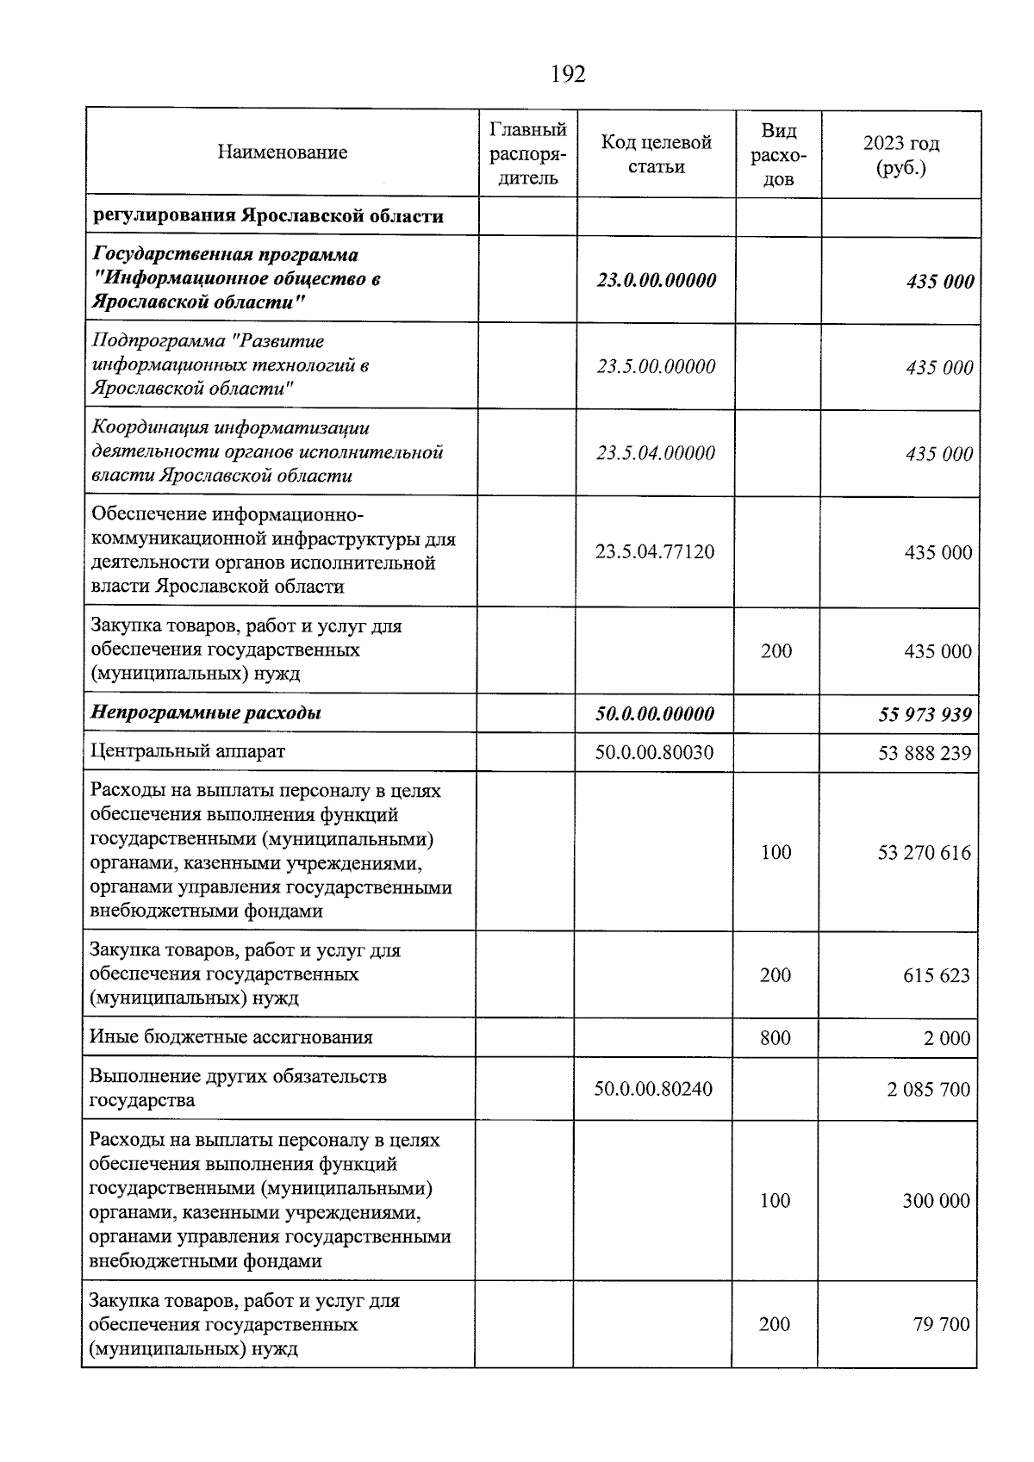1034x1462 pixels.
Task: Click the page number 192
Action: pos(568,75)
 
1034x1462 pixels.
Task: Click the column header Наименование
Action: pos(283,152)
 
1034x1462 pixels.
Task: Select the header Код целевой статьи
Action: pos(656,154)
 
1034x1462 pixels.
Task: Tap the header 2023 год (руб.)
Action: pos(901,154)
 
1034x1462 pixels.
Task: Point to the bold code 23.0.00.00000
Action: pos(656,281)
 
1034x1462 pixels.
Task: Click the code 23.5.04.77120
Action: pos(655,552)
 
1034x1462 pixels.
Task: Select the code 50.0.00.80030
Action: pos(654,752)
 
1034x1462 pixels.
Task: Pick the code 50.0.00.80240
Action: pos(653,1089)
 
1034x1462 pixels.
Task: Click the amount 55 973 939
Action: pos(925,714)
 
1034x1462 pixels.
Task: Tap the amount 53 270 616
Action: pos(924,853)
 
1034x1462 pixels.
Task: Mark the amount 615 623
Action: pos(935,976)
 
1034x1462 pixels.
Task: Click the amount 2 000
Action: pos(947,1038)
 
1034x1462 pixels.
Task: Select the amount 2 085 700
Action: pos(928,1089)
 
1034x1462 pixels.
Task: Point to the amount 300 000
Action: pos(936,1201)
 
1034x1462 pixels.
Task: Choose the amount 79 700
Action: pos(941,1324)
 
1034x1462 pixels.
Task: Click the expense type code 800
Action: pos(775,1038)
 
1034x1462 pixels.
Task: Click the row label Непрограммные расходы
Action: pos(207,713)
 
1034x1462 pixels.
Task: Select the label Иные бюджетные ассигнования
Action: pos(231,1037)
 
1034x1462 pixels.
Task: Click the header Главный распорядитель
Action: pos(527,154)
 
